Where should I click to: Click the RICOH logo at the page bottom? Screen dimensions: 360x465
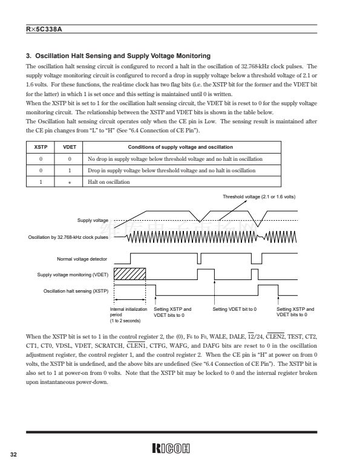click(171, 448)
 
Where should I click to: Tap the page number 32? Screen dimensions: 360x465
click(14, 454)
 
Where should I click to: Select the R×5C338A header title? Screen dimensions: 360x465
click(44, 29)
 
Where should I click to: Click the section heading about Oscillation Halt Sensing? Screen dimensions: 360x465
click(118, 56)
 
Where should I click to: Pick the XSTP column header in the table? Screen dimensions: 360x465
click(41, 147)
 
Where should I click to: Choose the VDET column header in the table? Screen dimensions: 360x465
click(70, 147)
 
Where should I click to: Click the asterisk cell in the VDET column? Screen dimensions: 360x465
click(70, 183)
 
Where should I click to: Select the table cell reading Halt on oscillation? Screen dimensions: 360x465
click(109, 182)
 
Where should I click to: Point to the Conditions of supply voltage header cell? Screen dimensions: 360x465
click(180, 147)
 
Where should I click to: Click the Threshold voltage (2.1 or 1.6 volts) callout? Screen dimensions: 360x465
click(259, 197)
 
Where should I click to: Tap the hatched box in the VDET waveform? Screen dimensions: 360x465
click(130, 274)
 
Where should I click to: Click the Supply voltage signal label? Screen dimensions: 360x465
click(93, 220)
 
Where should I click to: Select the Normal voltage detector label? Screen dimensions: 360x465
click(82, 259)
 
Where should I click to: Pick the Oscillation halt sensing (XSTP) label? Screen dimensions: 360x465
click(76, 291)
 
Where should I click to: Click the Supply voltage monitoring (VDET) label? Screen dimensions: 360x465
click(73, 275)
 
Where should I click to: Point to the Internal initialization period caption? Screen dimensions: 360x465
click(128, 314)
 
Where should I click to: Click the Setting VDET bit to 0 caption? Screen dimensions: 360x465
click(235, 309)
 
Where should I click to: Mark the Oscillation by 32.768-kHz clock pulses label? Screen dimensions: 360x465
click(68, 237)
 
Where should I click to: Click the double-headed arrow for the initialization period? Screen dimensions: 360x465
click(130, 300)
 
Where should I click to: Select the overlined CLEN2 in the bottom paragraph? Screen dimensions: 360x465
click(275, 337)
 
